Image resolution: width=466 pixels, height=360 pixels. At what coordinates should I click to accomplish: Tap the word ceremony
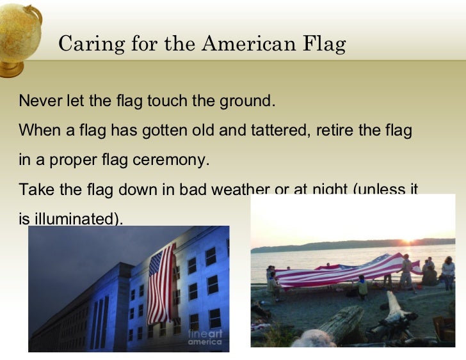[x=176, y=160]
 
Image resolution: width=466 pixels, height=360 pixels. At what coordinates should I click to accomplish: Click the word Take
[x=34, y=190]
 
